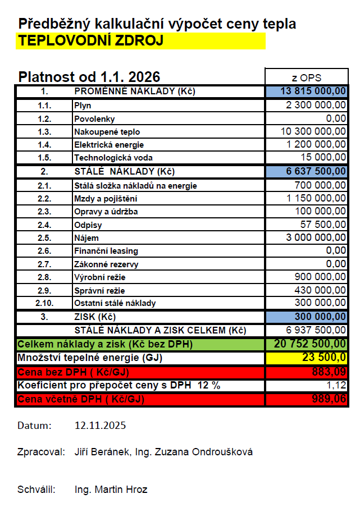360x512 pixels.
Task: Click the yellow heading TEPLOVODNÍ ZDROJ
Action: click(91, 41)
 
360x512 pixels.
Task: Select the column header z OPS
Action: click(307, 77)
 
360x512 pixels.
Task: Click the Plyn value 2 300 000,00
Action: click(316, 105)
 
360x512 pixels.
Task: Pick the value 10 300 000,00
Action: click(313, 131)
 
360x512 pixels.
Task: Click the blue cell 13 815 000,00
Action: click(313, 92)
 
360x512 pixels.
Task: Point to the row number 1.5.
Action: click(44, 157)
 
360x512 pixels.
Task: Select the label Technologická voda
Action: click(113, 157)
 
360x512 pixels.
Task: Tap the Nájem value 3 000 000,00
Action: click(316, 237)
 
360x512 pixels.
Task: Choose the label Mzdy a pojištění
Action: click(105, 198)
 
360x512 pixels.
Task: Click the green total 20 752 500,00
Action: click(310, 344)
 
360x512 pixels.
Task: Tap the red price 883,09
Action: click(329, 372)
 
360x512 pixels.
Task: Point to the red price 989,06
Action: click(329, 400)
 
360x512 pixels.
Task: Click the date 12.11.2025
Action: click(100, 426)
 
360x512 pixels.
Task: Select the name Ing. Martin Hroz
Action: click(111, 490)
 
